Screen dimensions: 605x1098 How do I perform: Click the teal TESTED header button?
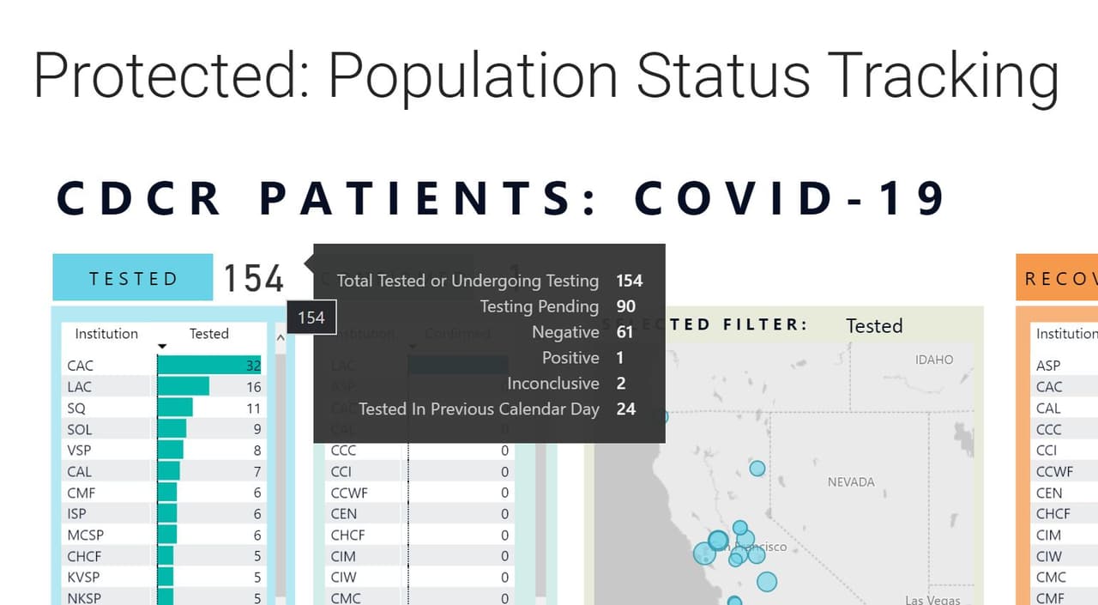tap(132, 278)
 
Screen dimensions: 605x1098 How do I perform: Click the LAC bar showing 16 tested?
tap(184, 387)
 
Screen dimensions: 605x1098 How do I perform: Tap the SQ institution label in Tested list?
tap(76, 408)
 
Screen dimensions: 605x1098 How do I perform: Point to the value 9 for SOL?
tap(256, 429)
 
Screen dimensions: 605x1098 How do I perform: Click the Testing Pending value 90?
tap(625, 306)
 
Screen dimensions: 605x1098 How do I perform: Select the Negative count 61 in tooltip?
tap(625, 332)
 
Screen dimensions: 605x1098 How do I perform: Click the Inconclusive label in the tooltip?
tap(552, 384)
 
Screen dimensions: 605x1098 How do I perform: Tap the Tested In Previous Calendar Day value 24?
tap(625, 409)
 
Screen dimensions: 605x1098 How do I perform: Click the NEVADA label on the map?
tap(851, 482)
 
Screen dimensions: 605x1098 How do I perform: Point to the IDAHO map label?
tap(934, 360)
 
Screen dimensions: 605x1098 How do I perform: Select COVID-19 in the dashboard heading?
tap(790, 198)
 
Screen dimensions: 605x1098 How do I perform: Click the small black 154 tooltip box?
tap(311, 318)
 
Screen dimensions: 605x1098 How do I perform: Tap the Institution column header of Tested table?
tap(106, 334)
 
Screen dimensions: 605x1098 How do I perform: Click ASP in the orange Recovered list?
tap(1048, 366)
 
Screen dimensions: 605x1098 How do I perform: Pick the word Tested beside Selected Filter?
tap(874, 326)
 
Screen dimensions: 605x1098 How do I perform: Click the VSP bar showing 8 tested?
tap(171, 451)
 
